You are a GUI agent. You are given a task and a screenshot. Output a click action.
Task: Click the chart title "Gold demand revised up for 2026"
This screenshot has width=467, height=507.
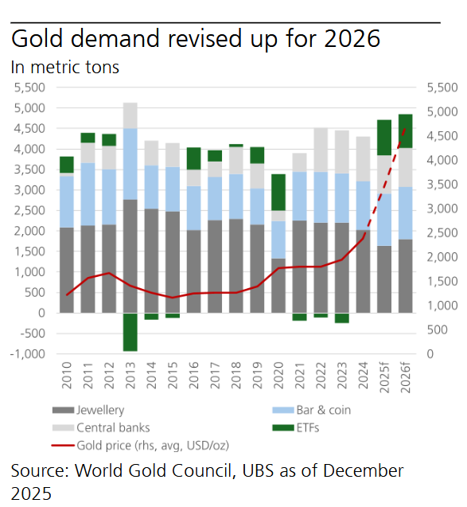point(195,39)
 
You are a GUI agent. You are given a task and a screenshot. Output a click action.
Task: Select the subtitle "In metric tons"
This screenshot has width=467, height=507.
point(65,67)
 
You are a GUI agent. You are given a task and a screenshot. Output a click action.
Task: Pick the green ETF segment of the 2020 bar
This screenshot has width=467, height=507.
point(278,192)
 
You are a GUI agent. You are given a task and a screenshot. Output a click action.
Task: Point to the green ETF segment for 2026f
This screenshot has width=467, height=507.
point(405,131)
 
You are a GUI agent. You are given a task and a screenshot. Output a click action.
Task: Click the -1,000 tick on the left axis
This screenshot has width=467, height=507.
point(30,353)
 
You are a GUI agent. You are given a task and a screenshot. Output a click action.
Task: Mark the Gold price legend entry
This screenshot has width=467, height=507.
point(151,445)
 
